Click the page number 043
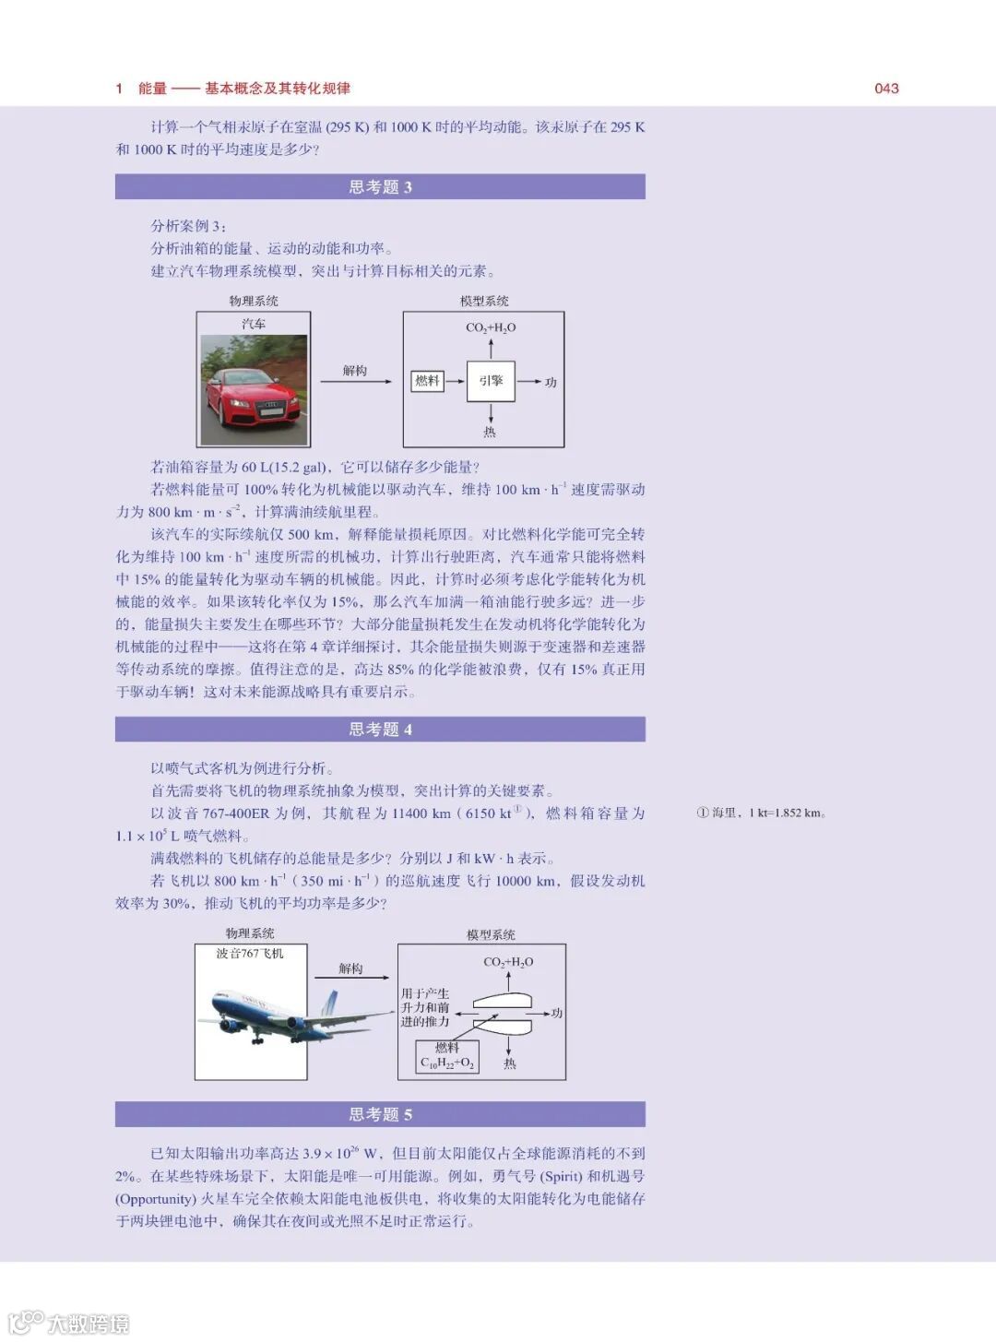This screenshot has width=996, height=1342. (886, 89)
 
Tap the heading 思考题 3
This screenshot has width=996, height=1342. (380, 187)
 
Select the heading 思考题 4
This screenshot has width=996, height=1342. (380, 730)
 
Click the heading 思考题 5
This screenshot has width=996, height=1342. (380, 1114)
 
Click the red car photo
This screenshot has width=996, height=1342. (254, 390)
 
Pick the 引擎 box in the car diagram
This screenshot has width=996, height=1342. (491, 381)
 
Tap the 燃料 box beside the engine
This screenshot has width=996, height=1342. (427, 381)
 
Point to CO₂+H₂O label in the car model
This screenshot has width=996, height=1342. (491, 327)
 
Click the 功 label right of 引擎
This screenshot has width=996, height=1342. (551, 382)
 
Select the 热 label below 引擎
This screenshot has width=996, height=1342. (490, 432)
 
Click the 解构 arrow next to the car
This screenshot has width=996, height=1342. (355, 381)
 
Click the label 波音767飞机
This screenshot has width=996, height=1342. (250, 954)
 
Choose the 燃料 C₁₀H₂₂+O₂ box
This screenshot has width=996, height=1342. (447, 1056)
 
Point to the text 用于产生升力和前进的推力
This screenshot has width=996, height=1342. (425, 1007)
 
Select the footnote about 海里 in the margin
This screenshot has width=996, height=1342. (761, 813)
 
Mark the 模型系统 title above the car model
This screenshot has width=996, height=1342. (484, 301)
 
